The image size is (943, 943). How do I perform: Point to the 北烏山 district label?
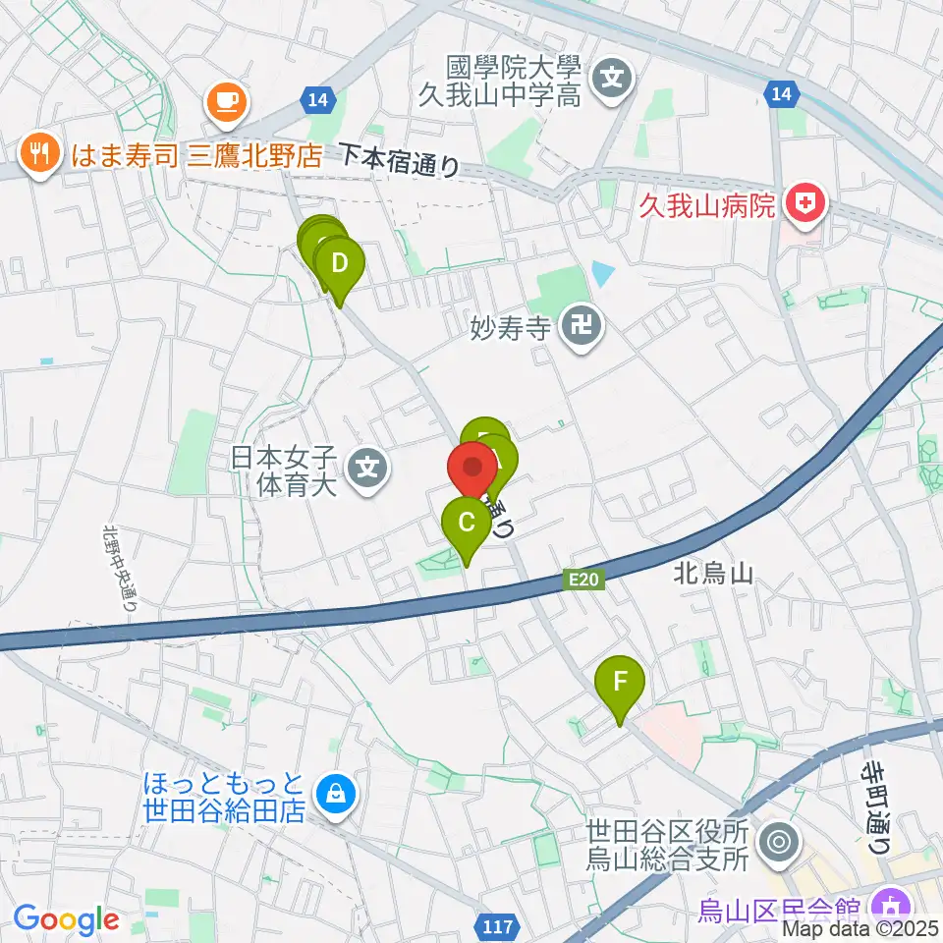tap(713, 574)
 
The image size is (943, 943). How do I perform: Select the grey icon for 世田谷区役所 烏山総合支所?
tap(781, 842)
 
